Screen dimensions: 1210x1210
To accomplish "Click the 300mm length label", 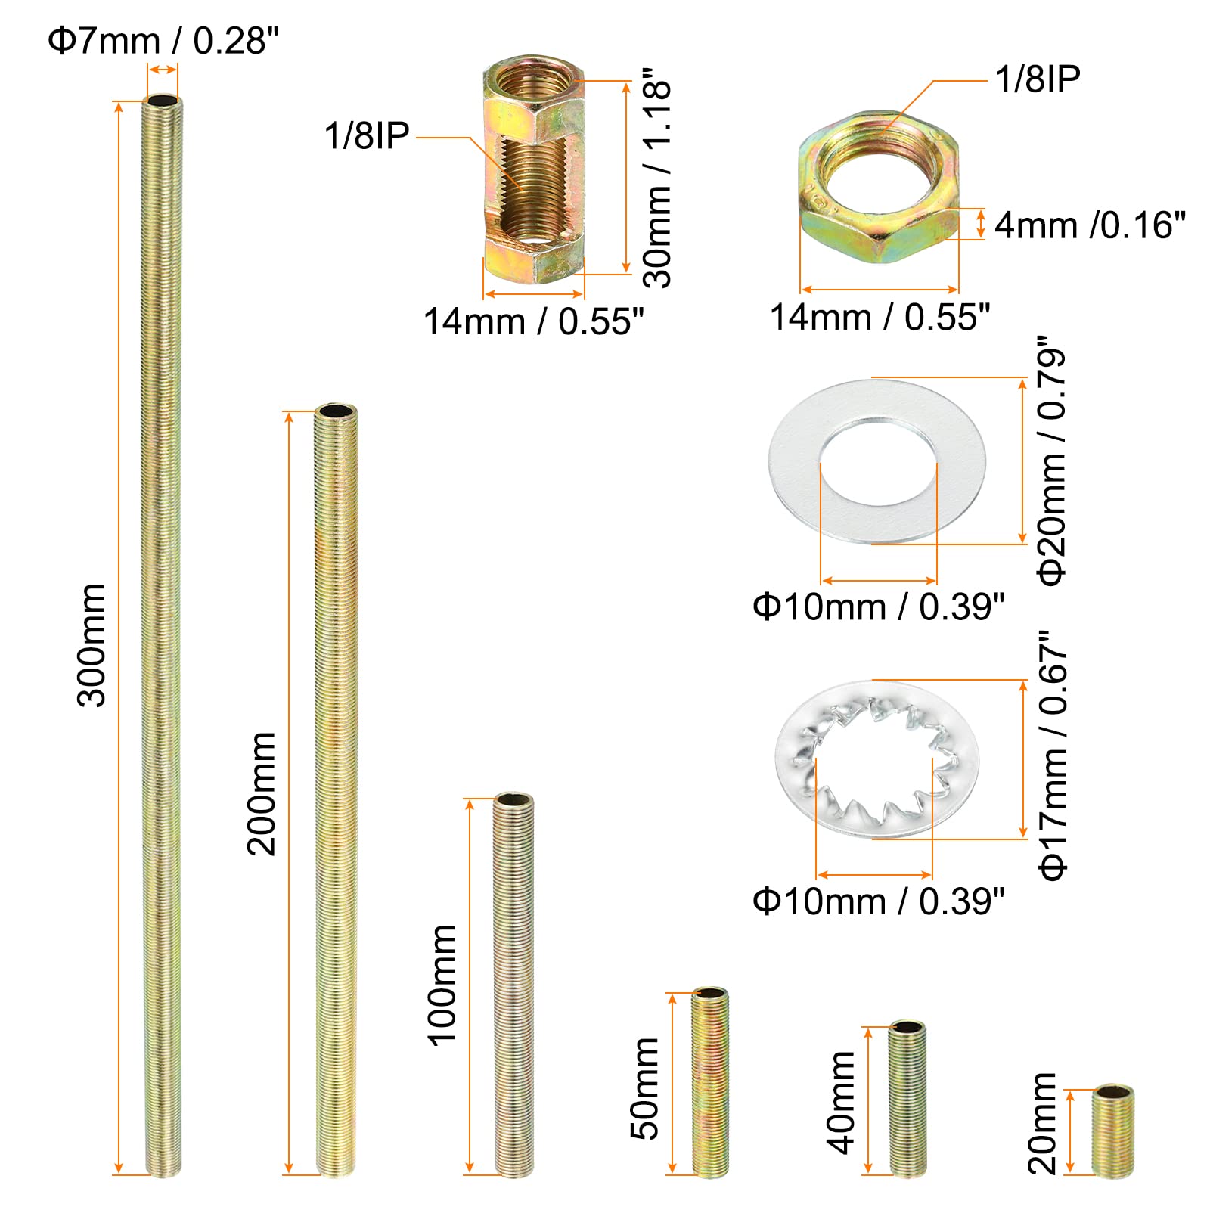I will point(92,645).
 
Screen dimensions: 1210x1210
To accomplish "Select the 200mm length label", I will point(262,793).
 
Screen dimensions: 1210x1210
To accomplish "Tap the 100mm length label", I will point(443,985).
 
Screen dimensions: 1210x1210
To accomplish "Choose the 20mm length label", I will point(1043,1123).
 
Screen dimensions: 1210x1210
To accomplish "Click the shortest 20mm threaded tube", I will point(1112,1131).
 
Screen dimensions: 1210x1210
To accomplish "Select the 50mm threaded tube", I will point(710,1081).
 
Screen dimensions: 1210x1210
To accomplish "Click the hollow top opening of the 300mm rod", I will point(162,101).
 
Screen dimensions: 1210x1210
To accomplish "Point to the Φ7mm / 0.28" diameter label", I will point(163,41).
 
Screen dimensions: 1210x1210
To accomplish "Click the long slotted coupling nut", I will point(534,170).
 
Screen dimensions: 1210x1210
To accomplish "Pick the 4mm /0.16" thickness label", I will point(1090,225).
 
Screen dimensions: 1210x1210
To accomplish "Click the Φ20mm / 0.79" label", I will point(1051,461).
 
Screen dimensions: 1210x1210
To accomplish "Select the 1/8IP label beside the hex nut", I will point(1038,79).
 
